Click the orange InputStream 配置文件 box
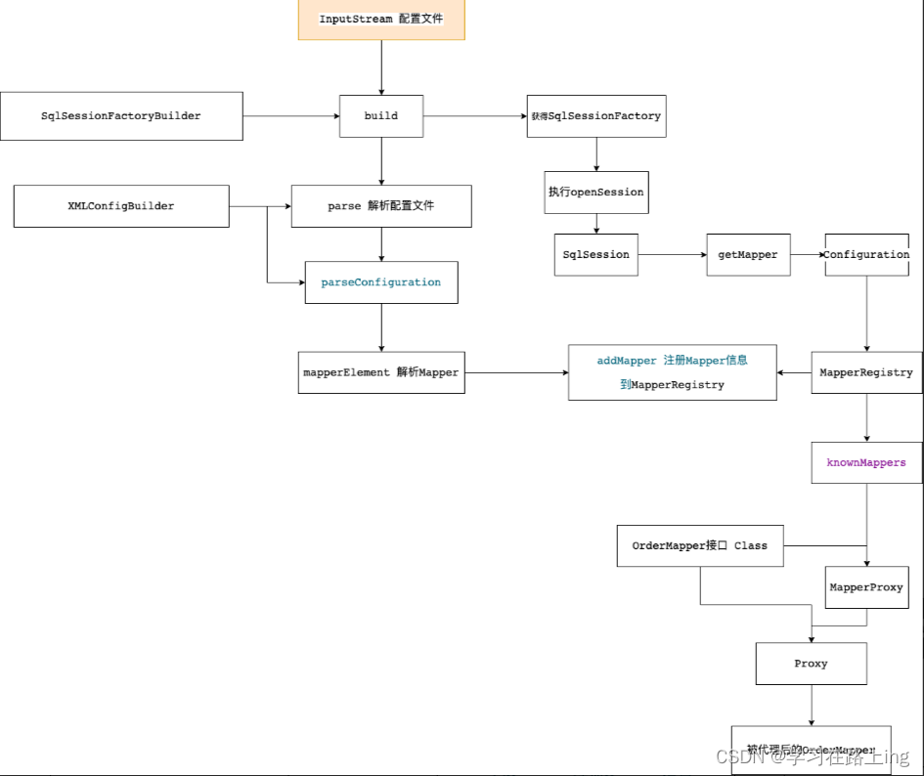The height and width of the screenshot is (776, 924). (x=381, y=20)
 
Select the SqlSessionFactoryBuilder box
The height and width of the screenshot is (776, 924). (x=121, y=116)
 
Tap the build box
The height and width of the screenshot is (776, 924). (x=381, y=116)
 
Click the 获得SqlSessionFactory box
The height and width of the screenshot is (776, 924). (x=596, y=116)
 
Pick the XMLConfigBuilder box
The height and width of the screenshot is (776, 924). (x=121, y=206)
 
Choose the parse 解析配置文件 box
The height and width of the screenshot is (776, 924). (x=381, y=206)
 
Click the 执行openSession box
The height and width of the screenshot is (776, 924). (x=596, y=193)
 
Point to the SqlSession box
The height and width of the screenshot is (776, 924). (x=596, y=254)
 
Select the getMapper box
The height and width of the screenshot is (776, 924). (x=748, y=254)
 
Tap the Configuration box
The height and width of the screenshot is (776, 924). (x=866, y=254)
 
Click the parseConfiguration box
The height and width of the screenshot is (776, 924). (x=381, y=282)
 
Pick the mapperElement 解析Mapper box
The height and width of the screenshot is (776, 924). (x=381, y=372)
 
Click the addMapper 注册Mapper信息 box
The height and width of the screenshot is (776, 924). (x=673, y=372)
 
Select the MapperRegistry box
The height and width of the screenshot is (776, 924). (x=866, y=372)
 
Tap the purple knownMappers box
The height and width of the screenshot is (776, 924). (x=866, y=462)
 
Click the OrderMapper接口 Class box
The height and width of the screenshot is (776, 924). (x=700, y=545)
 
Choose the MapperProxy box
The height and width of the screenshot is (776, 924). (x=866, y=587)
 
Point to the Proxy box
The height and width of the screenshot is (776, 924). (x=811, y=664)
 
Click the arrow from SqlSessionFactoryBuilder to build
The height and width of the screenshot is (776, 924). (x=290, y=116)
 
